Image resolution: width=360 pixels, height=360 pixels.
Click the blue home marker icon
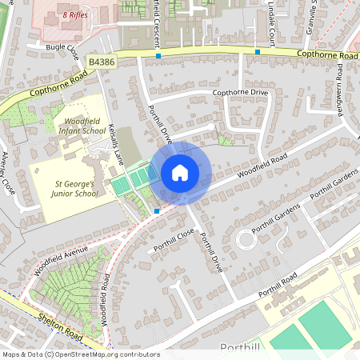point(180,173)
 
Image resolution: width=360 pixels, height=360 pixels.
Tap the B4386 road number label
point(102,61)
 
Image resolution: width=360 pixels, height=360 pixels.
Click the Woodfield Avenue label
point(61,261)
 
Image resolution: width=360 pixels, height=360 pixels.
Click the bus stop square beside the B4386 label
point(158,58)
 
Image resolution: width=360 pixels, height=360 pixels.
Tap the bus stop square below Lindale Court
point(258,52)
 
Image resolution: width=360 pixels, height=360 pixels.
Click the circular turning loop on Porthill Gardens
point(246,238)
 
